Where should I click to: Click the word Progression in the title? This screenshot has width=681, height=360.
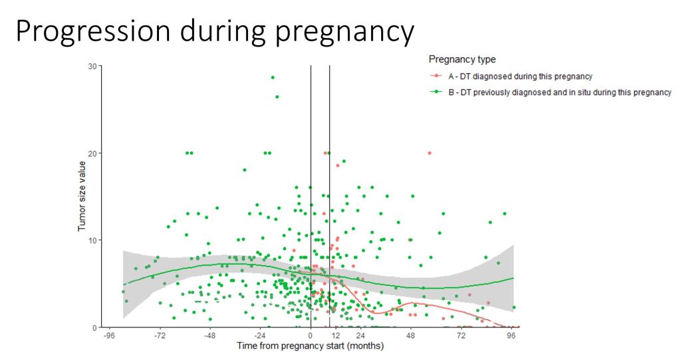pyautogui.click(x=93, y=31)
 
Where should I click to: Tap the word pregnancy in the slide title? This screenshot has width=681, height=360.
pyautogui.click(x=345, y=33)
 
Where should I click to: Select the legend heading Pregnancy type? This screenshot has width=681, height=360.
pyautogui.click(x=462, y=60)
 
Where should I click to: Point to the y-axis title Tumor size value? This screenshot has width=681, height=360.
pyautogui.click(x=82, y=196)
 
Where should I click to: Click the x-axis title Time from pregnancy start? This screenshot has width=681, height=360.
pyautogui.click(x=310, y=346)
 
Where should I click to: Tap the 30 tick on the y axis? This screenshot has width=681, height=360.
pyautogui.click(x=92, y=66)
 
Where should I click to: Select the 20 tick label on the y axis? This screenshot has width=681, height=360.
pyautogui.click(x=92, y=153)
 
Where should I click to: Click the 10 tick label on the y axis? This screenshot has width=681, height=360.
pyautogui.click(x=92, y=240)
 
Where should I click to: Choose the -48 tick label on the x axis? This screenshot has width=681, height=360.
pyautogui.click(x=210, y=335)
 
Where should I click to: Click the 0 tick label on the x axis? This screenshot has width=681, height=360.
pyautogui.click(x=311, y=335)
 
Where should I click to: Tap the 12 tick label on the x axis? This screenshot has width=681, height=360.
pyautogui.click(x=335, y=335)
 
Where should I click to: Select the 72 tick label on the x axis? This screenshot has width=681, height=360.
pyautogui.click(x=462, y=335)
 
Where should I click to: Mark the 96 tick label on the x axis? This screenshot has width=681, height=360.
pyautogui.click(x=511, y=335)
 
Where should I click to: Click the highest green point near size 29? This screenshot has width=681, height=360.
pyautogui.click(x=273, y=77)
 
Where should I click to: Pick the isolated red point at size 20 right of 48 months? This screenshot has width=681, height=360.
pyautogui.click(x=430, y=153)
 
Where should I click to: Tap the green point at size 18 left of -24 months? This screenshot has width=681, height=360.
pyautogui.click(x=245, y=170)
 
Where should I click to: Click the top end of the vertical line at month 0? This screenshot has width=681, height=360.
pyautogui.click(x=311, y=66)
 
